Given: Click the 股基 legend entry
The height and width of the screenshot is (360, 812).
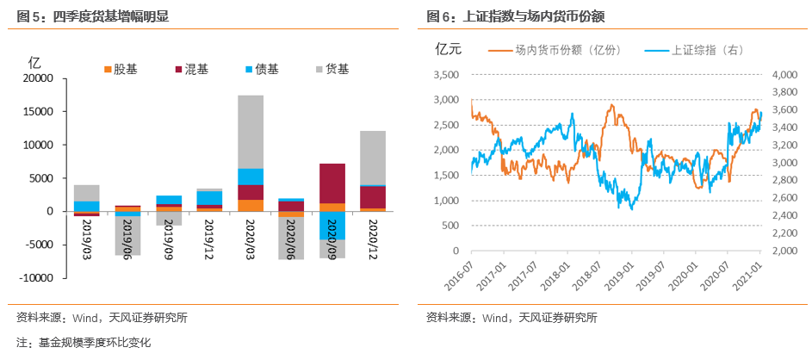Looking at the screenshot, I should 120,68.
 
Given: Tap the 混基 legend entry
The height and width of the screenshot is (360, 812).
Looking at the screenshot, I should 189,68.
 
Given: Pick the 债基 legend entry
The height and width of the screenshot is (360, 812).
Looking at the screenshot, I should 261,68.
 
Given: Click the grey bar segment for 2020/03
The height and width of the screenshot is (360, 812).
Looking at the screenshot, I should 251,132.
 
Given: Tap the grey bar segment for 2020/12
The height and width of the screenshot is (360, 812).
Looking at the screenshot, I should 372,158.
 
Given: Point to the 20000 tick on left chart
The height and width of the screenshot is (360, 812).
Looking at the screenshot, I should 38,78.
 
